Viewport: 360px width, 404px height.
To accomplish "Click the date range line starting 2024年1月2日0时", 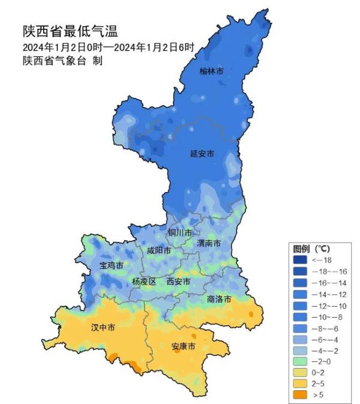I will point(109,47).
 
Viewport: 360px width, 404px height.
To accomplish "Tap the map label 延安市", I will point(202,153).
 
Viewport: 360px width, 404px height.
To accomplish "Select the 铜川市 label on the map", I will point(180,232).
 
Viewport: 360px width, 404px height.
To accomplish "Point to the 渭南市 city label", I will point(209,243).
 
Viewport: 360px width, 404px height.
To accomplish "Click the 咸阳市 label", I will point(159,250).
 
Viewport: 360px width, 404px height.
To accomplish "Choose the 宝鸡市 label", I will point(111,265).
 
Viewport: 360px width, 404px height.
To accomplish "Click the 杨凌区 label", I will point(144,281).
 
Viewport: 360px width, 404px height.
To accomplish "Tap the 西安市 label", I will point(178,281).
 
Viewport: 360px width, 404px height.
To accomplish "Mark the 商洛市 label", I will point(219,298).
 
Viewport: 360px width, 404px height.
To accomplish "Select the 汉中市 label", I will point(103,327).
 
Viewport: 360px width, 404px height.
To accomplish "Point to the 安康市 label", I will point(183,347).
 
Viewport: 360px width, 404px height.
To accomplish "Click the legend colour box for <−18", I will point(299,260).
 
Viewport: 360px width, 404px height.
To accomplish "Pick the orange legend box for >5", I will point(299,394).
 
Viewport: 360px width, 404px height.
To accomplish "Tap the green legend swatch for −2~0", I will point(299,361).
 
